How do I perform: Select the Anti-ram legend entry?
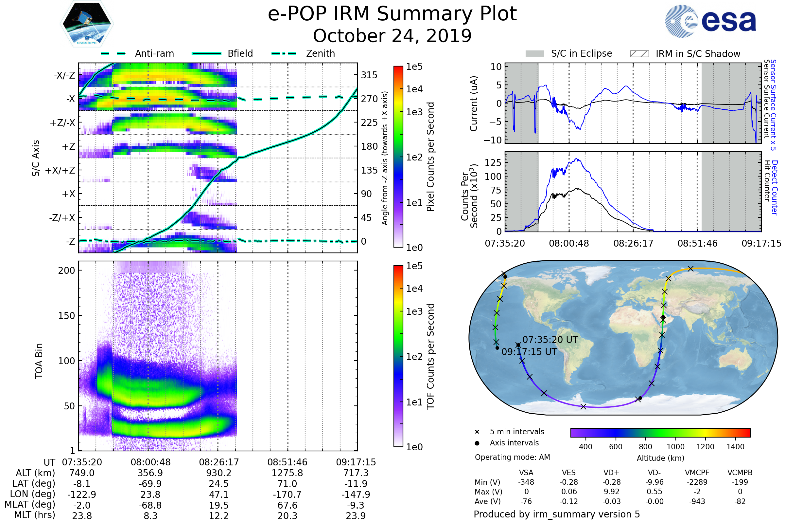pyautogui.click(x=154, y=53)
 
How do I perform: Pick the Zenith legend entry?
pyautogui.click(x=320, y=53)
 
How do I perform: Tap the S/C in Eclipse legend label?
pyautogui.click(x=581, y=53)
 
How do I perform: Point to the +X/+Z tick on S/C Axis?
pyautogui.click(x=60, y=170)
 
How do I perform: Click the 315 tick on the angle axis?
pyautogui.click(x=369, y=75)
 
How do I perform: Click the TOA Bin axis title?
pyautogui.click(x=39, y=361)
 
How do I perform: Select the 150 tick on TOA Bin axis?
pyautogui.click(x=66, y=315)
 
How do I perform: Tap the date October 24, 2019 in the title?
pyautogui.click(x=392, y=36)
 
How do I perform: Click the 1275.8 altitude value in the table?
pyautogui.click(x=287, y=473)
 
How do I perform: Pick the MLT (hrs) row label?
pyautogui.click(x=35, y=515)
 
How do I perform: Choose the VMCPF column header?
pyautogui.click(x=697, y=473)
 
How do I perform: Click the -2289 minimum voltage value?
pyautogui.click(x=697, y=482)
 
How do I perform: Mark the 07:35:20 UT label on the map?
pyautogui.click(x=550, y=340)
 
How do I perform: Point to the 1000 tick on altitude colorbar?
pyautogui.click(x=675, y=447)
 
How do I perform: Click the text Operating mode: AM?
pyautogui.click(x=512, y=457)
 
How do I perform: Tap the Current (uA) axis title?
pyautogui.click(x=474, y=103)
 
